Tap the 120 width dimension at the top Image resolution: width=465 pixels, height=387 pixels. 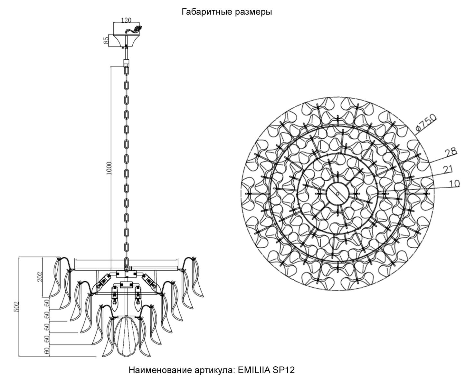pyautogui.click(x=126, y=20)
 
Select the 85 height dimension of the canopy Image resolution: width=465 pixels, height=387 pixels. pyautogui.click(x=106, y=40)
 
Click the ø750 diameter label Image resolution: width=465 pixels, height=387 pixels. pyautogui.click(x=426, y=122)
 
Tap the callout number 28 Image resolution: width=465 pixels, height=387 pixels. pyautogui.click(x=451, y=152)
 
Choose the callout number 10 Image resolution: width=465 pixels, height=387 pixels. pyautogui.click(x=454, y=184)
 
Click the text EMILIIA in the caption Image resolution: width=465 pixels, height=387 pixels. pyautogui.click(x=254, y=370)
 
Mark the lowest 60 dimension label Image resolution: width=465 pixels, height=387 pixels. pyautogui.click(x=47, y=351)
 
